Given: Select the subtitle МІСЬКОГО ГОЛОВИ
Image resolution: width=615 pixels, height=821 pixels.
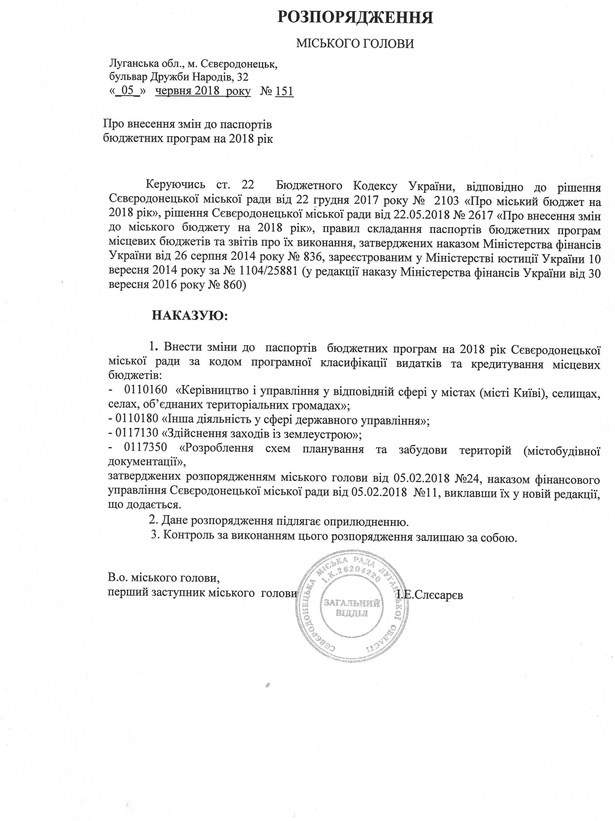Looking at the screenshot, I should click(x=355, y=44).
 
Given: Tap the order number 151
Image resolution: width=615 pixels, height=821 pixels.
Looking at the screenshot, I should click(x=285, y=91).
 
